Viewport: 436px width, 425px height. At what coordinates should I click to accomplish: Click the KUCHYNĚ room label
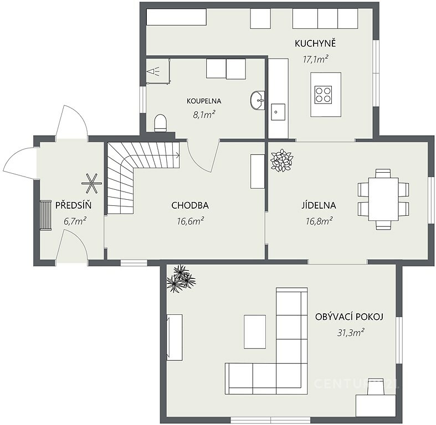[x=315, y=43]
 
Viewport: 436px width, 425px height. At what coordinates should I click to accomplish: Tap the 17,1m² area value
[x=316, y=59]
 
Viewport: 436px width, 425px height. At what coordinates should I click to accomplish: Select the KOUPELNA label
[x=204, y=101]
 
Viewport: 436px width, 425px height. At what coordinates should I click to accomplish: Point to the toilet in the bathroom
[x=161, y=123]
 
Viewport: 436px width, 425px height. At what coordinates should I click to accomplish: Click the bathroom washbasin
[x=258, y=100]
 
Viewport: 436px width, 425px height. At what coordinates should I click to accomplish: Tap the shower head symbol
[x=154, y=71]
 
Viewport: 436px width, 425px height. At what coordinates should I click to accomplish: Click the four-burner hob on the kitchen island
[x=323, y=95]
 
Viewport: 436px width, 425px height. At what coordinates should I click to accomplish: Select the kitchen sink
[x=278, y=112]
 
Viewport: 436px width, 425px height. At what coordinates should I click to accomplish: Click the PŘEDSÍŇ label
[x=74, y=205]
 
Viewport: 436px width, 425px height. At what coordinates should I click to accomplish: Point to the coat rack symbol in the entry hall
[x=91, y=183]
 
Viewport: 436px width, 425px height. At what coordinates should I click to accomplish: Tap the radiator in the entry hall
[x=45, y=215]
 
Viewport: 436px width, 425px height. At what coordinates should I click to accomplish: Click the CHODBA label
[x=190, y=205]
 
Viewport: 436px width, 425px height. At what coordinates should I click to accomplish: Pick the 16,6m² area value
[x=191, y=221]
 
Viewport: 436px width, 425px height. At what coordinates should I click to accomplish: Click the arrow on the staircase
[x=177, y=155]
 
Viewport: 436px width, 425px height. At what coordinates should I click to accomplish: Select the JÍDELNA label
[x=319, y=205]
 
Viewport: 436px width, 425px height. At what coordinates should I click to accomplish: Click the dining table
[x=383, y=199]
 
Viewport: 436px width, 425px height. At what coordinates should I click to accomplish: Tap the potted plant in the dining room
[x=281, y=160]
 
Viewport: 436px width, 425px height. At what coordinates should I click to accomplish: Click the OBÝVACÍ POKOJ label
[x=349, y=317]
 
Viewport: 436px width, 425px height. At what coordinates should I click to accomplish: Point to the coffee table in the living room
[x=255, y=331]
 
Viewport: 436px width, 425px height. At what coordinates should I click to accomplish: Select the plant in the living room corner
[x=181, y=278]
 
